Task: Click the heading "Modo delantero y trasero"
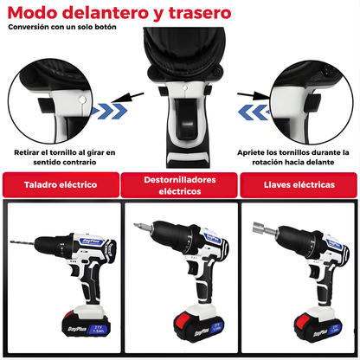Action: pos(119,13)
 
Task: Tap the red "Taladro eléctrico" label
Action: pos(60,184)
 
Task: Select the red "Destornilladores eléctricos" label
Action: pos(180,184)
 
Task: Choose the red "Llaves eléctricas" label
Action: pos(299,184)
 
